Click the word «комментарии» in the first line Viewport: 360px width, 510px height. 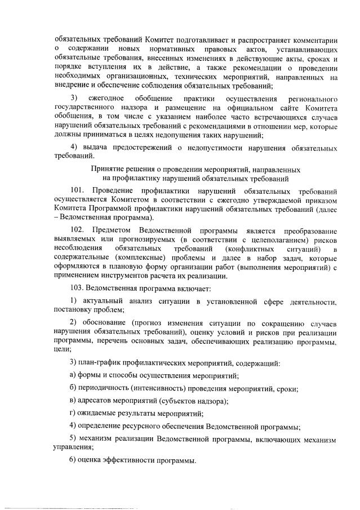[x=313, y=41]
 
